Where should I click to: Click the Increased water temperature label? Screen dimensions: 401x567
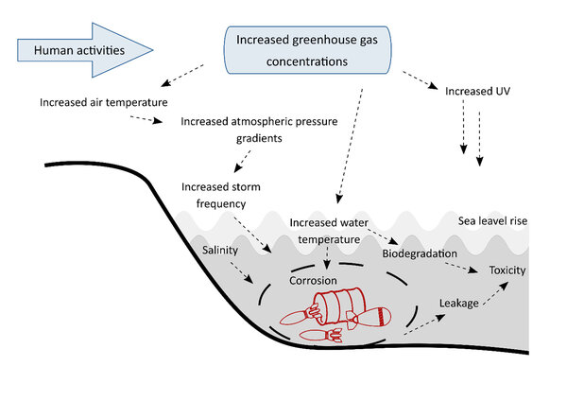(x=326, y=231)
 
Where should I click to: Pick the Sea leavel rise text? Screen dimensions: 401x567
(x=491, y=220)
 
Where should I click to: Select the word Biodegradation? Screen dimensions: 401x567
(x=420, y=253)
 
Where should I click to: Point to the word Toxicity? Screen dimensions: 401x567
(x=507, y=270)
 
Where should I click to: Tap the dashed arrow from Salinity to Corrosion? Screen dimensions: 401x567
(x=241, y=272)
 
